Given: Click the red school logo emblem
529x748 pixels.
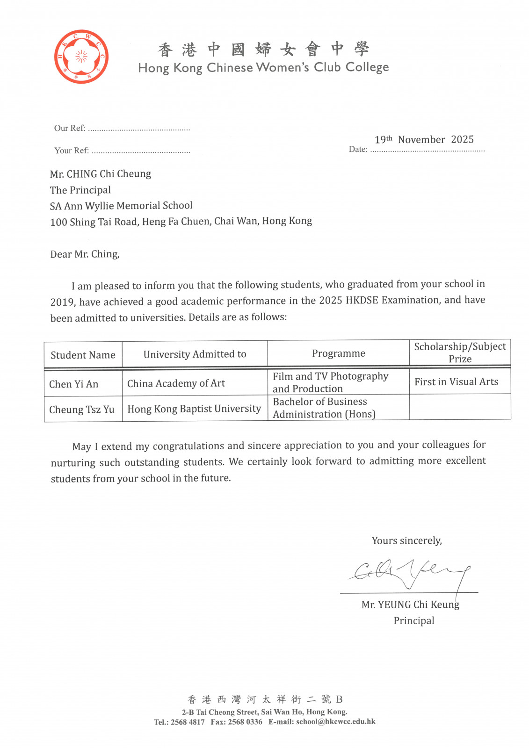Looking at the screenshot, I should [81, 57].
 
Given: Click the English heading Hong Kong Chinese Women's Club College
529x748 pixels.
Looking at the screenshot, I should [263, 68].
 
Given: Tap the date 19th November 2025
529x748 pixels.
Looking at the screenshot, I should [424, 139].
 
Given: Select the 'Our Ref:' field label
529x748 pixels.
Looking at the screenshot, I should [70, 128].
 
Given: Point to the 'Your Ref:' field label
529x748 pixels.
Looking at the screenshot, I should [72, 151].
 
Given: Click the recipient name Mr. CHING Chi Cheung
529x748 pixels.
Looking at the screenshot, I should [101, 174].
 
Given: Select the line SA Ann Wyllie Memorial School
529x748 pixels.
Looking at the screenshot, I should [121, 206].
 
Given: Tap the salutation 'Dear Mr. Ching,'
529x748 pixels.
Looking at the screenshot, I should [85, 254].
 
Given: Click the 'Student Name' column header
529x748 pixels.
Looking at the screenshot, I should [83, 355].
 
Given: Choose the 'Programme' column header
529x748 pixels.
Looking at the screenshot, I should [339, 353].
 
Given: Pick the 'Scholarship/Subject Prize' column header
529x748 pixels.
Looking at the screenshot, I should [460, 352].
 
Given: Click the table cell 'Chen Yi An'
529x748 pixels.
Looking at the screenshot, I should [74, 384].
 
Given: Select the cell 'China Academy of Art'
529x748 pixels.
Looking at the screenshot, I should [176, 384].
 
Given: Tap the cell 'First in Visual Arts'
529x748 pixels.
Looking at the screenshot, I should [456, 382].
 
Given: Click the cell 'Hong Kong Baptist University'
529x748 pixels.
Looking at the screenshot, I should [194, 409].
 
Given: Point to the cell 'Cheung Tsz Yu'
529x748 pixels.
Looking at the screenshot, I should [82, 410].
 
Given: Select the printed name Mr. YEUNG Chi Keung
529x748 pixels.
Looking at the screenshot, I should [410, 605].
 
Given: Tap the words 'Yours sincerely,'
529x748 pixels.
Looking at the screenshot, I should [406, 541].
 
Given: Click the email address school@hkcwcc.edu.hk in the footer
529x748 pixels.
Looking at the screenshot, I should [335, 721].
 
